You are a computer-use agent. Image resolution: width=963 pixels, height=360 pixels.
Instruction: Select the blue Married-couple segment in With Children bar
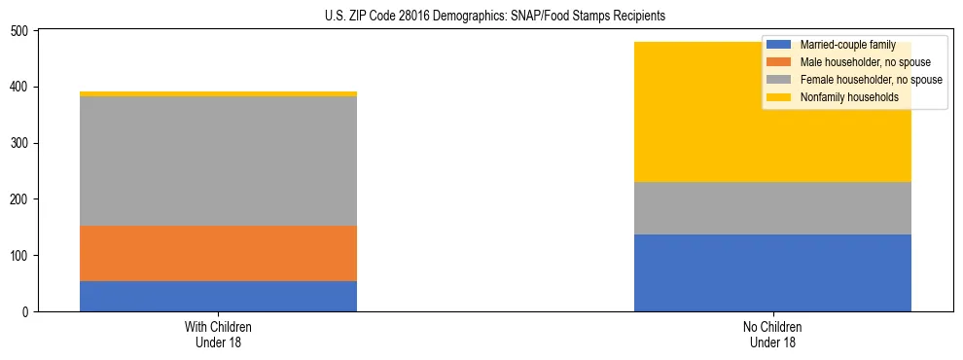[x=218, y=296]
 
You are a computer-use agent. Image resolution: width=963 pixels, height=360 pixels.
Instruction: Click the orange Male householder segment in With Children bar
[x=218, y=253]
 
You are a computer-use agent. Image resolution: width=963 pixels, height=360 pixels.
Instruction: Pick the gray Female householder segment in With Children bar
[x=218, y=161]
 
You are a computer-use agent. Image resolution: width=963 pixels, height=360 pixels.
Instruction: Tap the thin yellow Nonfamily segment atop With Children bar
[x=218, y=93]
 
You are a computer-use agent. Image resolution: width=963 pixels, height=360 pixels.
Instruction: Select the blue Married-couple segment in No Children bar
[x=772, y=272]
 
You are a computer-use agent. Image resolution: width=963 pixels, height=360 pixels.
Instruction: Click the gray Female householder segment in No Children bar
[x=772, y=208]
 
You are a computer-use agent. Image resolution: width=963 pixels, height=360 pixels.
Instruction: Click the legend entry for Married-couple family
[x=846, y=45]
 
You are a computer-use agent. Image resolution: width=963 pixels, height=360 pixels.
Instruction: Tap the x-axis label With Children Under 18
[x=218, y=334]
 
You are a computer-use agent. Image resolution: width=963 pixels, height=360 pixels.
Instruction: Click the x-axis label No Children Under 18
[x=772, y=334]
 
